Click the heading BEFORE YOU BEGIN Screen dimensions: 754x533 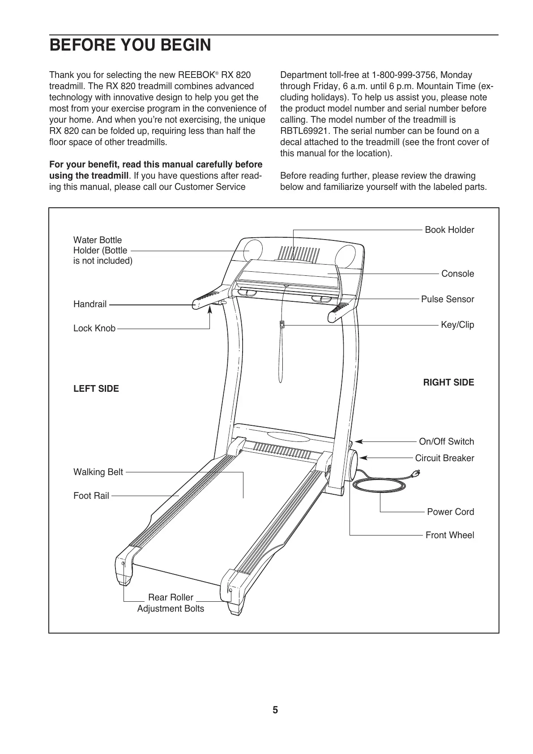coord(130,45)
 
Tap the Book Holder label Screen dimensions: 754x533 coord(449,230)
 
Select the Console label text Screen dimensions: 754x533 coord(457,274)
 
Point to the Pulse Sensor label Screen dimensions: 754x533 coord(447,299)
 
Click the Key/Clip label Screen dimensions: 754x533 coord(457,325)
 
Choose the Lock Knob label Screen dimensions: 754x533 coord(94,329)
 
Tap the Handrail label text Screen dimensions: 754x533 coord(90,304)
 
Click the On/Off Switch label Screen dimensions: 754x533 coord(446,441)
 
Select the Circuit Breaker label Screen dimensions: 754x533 coord(444,458)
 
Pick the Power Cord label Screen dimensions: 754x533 coord(450,512)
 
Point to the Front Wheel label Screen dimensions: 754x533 coord(449,535)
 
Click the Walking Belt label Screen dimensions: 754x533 coord(98,472)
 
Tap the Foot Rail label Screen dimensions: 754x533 coord(91,496)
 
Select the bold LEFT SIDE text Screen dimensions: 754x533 coord(96,389)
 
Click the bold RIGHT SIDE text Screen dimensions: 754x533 coord(448,382)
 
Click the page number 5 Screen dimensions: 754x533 coord(275,710)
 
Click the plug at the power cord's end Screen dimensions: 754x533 coord(417,472)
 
